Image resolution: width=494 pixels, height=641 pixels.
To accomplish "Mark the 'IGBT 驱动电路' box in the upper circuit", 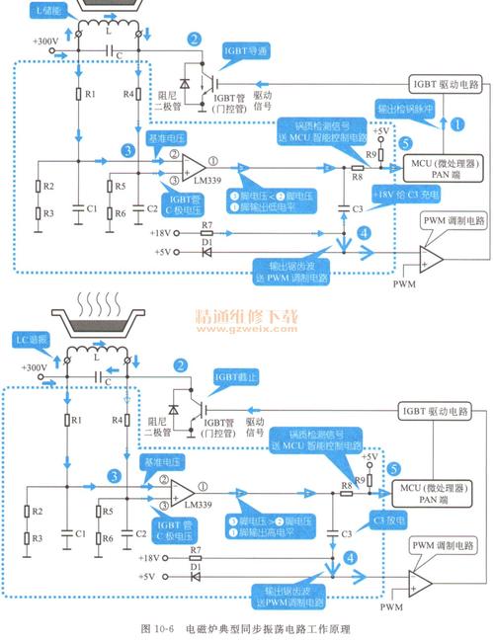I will (x=446, y=86).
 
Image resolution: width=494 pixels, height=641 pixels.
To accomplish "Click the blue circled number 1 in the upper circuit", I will (x=456, y=125).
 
